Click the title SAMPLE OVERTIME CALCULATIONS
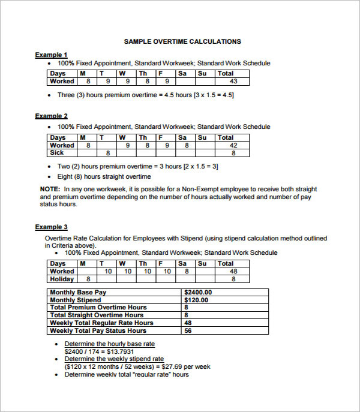pos(182,41)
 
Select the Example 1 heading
pos(51,55)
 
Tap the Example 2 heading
pos(51,116)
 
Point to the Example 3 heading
pos(51,227)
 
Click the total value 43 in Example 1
pos(233,82)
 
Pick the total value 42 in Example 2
pos(233,145)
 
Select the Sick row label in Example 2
pos(58,153)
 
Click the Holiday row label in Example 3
pos(62,279)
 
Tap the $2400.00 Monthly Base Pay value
pos(198,293)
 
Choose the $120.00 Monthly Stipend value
pos(196,300)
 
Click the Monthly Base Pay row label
pos(78,293)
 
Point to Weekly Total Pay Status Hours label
pos(98,330)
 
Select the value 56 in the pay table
pos(188,330)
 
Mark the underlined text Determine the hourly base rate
pos(109,344)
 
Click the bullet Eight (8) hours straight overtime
pos(104,177)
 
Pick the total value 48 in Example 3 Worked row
pos(233,271)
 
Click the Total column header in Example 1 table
pos(226,74)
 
